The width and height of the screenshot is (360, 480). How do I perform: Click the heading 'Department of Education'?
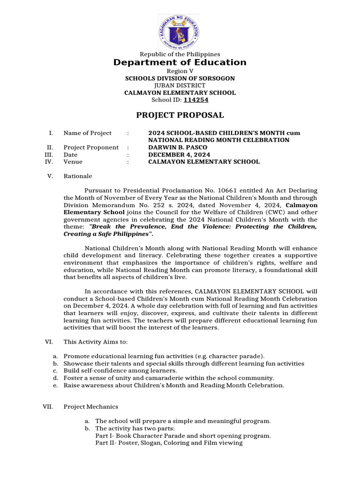tap(180, 63)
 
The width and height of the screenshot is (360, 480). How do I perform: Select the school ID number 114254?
tap(196, 100)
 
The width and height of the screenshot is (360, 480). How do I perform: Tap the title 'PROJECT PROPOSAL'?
tap(180, 115)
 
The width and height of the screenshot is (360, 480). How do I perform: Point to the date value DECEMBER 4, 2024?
tap(179, 155)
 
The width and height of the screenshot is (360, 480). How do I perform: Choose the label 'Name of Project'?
tap(88, 133)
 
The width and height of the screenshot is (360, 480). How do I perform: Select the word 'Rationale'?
tap(78, 176)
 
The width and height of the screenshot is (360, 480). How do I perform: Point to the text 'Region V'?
tap(180, 71)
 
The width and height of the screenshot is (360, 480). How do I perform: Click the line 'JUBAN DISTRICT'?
tap(180, 86)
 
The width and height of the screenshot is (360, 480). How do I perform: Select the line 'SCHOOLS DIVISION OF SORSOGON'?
tap(180, 78)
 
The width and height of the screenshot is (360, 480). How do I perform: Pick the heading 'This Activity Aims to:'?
tap(96, 342)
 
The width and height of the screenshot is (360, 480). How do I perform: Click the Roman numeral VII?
tap(48, 407)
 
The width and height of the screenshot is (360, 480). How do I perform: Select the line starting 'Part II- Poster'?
tap(169, 443)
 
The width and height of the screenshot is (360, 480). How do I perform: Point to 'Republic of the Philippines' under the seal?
tap(180, 54)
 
